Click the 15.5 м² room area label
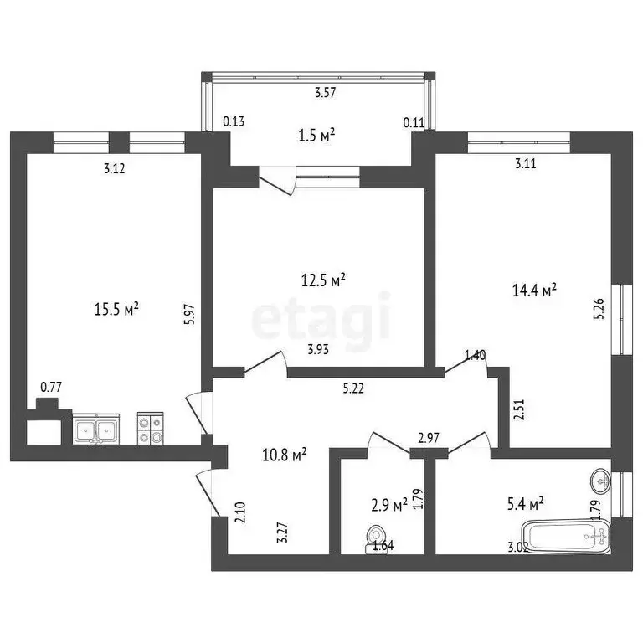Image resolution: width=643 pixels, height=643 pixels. pos(116,309)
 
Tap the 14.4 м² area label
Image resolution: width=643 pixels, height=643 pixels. pos(534,291)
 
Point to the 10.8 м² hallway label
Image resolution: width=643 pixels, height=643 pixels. pos(284,454)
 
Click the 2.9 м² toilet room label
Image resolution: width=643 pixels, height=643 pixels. pos(388,505)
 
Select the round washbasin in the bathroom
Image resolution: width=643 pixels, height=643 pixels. pos(599,482)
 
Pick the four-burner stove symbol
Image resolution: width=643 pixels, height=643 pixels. pos(150,430)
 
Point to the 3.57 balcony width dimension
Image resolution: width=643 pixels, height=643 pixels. pos(326,94)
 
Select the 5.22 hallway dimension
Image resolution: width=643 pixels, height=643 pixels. pos(353,388)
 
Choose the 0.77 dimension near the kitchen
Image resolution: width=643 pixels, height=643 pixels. pos(52,387)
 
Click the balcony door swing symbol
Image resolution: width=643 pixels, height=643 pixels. pos(278,181)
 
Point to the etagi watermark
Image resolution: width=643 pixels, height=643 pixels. pos(321,317)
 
